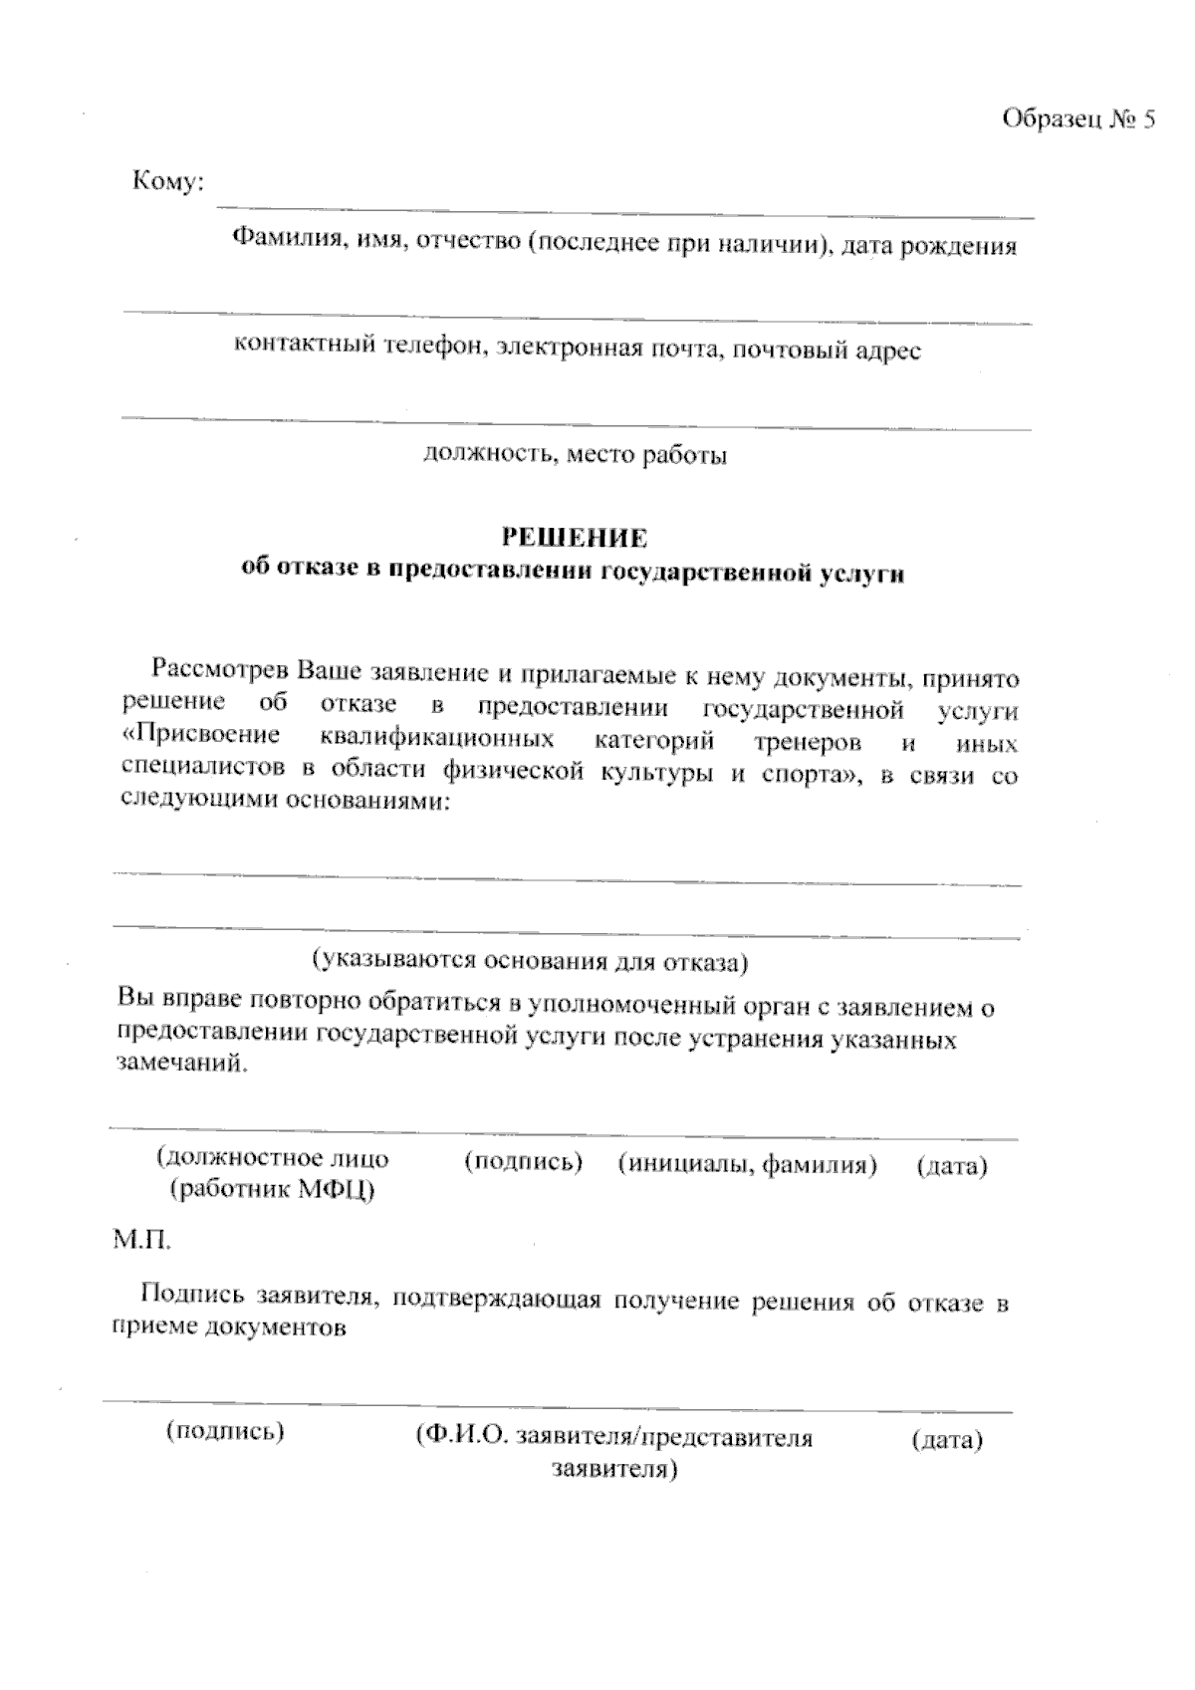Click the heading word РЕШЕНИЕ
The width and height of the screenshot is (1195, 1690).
[x=574, y=539]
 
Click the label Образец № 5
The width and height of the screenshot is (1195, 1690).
[x=1078, y=121]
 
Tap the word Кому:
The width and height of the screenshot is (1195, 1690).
[x=168, y=181]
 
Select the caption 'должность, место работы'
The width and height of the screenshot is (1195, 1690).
[x=576, y=455]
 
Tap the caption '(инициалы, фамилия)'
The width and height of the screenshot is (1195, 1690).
[x=748, y=1164]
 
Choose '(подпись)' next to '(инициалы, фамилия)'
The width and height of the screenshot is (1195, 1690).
[x=524, y=1162]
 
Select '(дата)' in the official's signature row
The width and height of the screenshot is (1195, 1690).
[x=952, y=1166]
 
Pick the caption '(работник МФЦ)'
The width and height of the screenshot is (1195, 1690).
[x=272, y=1189]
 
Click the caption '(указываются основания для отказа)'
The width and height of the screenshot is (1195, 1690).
[x=530, y=962]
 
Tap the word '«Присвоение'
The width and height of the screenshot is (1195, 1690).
[x=199, y=737]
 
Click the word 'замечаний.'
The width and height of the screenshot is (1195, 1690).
[x=180, y=1064]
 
